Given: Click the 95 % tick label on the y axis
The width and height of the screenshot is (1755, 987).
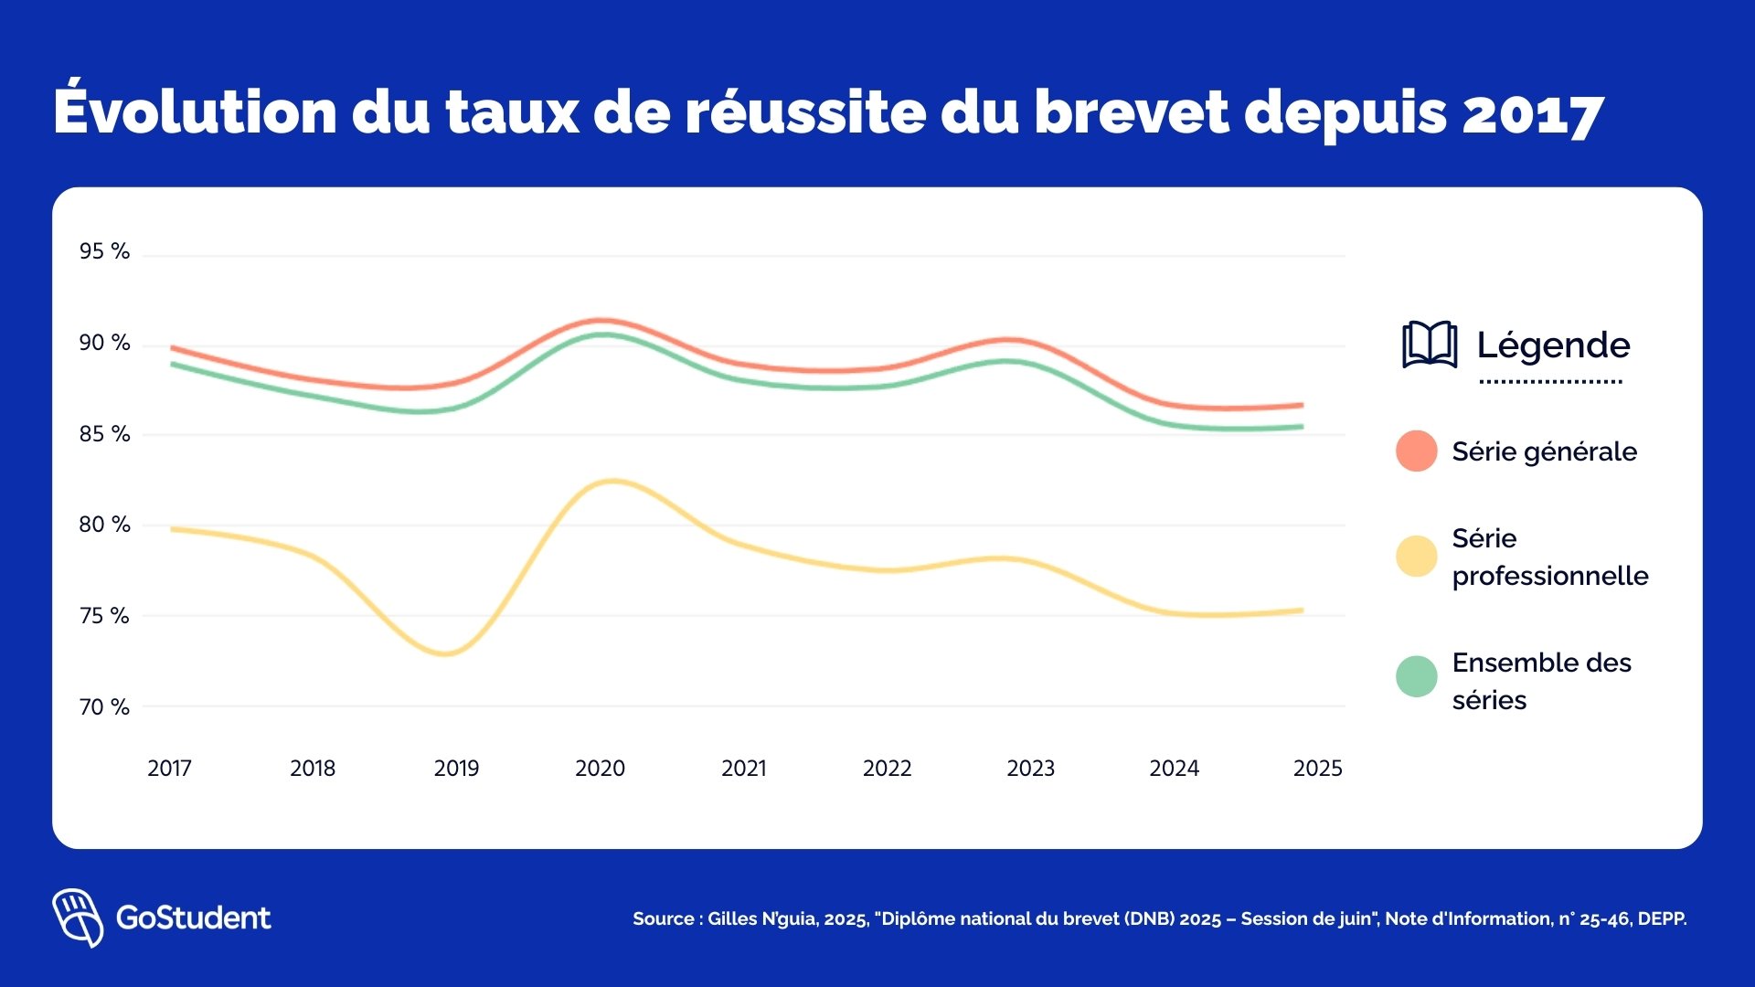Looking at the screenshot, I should tap(104, 251).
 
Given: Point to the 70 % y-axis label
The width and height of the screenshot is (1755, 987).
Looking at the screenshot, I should tap(104, 706).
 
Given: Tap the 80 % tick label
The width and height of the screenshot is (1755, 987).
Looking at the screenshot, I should tap(104, 525).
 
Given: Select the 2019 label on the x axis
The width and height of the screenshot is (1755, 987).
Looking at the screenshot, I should tap(456, 768).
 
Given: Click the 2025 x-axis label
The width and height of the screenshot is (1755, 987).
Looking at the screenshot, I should tap(1317, 768).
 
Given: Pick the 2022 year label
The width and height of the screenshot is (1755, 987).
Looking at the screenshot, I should tap(887, 768).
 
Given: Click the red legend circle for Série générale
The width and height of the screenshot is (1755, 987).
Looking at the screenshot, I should tap(1416, 451).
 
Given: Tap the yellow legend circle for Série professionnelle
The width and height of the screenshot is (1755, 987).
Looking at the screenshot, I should tap(1416, 557).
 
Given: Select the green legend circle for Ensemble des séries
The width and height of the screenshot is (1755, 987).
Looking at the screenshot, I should tap(1416, 677).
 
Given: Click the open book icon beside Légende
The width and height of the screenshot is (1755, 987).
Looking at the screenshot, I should tap(1430, 345).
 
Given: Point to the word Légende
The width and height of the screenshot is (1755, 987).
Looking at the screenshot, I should tap(1553, 345).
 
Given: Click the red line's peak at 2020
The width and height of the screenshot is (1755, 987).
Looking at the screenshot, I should tap(601, 321).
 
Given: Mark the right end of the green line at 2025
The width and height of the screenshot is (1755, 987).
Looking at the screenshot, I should tap(1301, 427).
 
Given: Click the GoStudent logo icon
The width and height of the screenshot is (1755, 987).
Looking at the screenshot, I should tap(78, 917).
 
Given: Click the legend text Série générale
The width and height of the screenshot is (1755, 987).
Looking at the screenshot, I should tap(1544, 451).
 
